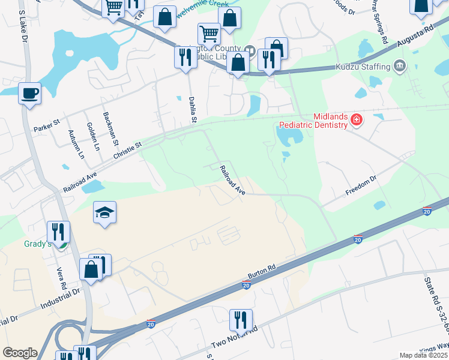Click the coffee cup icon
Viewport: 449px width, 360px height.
click(x=29, y=94)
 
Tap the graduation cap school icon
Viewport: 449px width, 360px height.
click(x=104, y=212)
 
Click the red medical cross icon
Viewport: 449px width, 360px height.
click(x=357, y=120)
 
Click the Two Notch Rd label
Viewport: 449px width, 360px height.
click(x=234, y=338)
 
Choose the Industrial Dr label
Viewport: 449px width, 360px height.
click(x=60, y=298)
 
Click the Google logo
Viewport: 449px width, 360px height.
click(x=20, y=353)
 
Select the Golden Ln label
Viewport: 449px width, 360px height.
click(x=94, y=136)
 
